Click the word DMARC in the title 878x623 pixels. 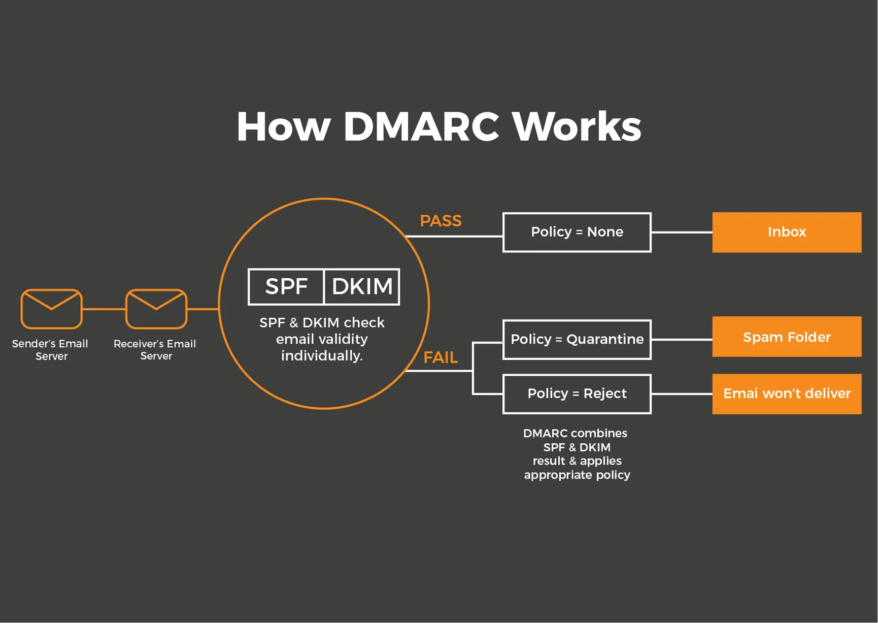click(x=421, y=126)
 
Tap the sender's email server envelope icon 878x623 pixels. click(x=51, y=309)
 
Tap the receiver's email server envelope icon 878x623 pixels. click(x=156, y=309)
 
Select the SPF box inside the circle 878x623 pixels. click(x=286, y=287)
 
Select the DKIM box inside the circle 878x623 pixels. click(x=362, y=287)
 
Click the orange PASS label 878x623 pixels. click(x=441, y=221)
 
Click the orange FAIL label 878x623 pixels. click(x=441, y=357)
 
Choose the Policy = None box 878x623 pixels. click(x=577, y=232)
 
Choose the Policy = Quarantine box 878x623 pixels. click(x=577, y=339)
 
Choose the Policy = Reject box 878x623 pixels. click(x=577, y=394)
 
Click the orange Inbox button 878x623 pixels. click(x=787, y=232)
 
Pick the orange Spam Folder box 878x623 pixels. click(x=787, y=337)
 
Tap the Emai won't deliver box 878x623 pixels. click(x=787, y=394)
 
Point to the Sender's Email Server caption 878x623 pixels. click(x=50, y=349)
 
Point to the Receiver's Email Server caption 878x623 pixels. click(x=155, y=349)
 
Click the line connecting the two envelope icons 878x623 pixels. click(x=104, y=309)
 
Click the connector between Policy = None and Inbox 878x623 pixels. click(x=682, y=232)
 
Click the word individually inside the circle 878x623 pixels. click(x=322, y=355)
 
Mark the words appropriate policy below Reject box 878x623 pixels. click(x=577, y=475)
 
